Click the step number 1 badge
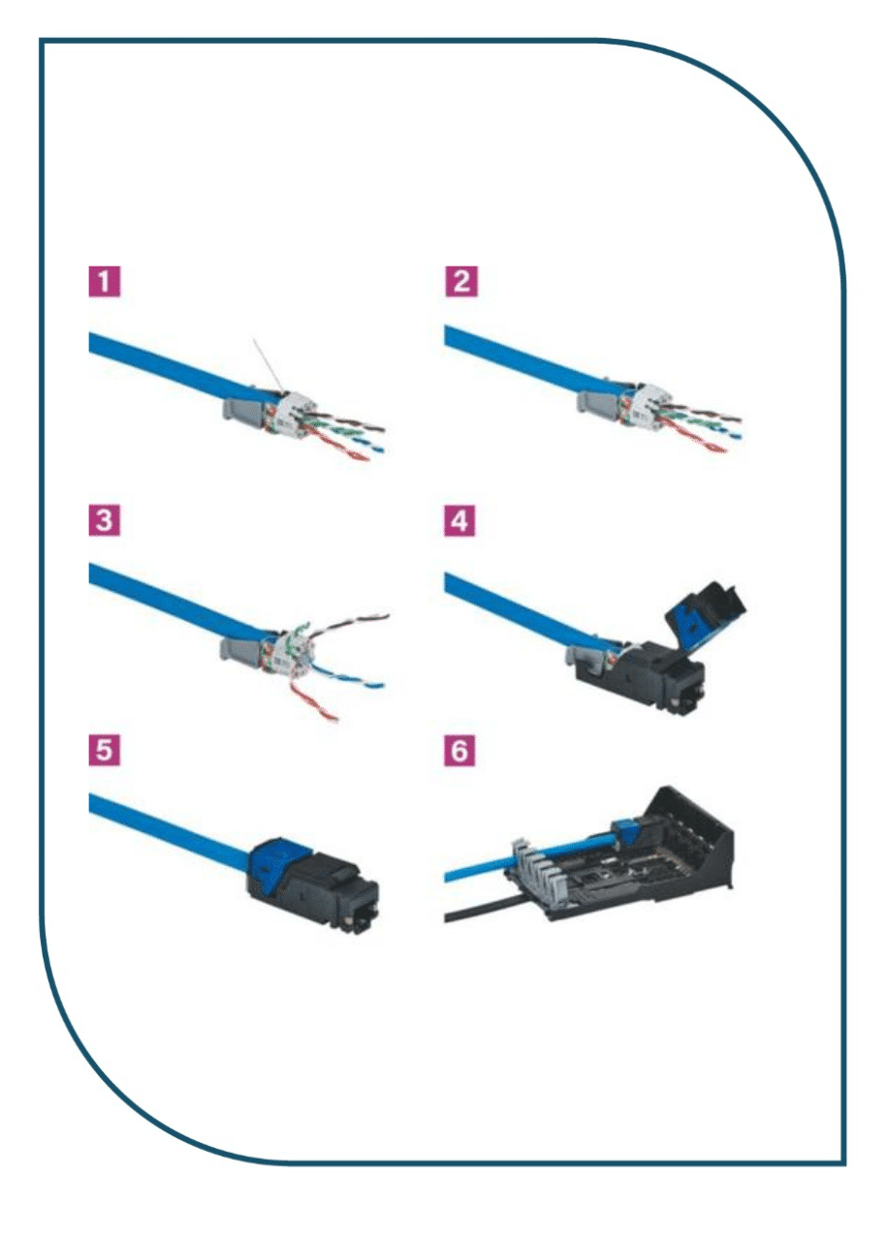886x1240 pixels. point(104,282)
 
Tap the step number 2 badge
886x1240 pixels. point(461,281)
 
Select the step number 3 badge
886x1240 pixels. point(104,520)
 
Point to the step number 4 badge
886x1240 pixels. point(459,520)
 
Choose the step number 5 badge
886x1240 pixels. point(104,750)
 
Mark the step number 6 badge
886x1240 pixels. point(459,750)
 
